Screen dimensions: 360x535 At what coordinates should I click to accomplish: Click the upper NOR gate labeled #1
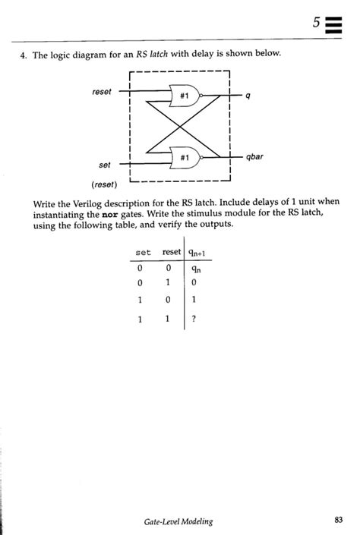185,96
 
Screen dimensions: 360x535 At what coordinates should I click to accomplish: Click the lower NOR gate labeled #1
185,157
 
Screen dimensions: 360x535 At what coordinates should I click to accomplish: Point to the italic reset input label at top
101,92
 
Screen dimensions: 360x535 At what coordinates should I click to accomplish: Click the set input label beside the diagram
105,164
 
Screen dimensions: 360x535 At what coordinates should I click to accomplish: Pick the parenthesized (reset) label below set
103,184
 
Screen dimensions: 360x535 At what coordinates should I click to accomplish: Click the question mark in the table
194,319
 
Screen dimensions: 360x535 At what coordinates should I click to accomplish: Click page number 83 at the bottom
339,520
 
